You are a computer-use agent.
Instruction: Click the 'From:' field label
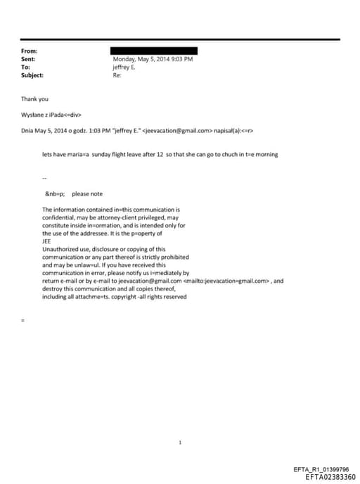coord(29,51)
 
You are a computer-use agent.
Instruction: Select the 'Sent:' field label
coord(28,59)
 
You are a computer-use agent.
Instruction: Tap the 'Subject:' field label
coord(32,75)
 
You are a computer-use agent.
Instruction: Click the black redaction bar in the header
coord(154,51)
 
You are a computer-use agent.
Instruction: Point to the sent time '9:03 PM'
coord(181,59)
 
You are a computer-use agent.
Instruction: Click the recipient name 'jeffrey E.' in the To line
coord(124,67)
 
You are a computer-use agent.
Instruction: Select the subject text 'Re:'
coord(117,75)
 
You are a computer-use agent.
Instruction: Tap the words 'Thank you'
coord(34,99)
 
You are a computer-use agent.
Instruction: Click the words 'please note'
coord(87,194)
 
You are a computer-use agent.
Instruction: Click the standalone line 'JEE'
coord(47,241)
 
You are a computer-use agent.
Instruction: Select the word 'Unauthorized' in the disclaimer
coord(61,249)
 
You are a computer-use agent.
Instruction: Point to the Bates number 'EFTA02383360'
coord(330,477)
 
